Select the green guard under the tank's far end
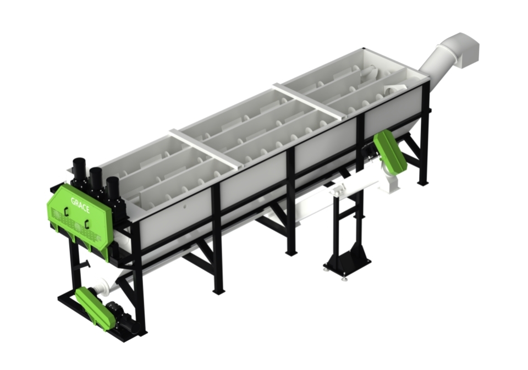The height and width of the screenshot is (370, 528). click(x=391, y=150)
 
